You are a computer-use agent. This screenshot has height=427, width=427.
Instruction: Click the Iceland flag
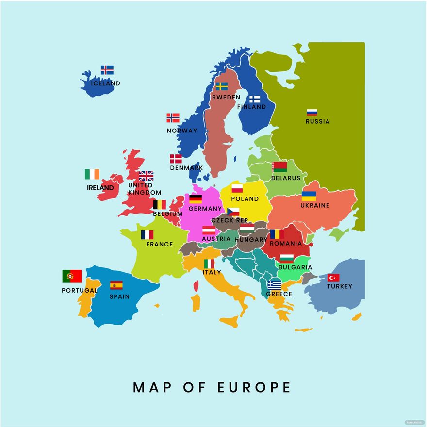click(107, 70)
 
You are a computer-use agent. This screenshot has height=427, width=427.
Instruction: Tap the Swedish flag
click(222, 86)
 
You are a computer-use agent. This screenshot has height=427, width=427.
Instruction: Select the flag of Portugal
click(72, 276)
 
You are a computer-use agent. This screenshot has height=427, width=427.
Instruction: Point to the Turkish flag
click(333, 278)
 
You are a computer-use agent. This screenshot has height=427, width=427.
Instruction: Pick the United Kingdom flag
click(146, 176)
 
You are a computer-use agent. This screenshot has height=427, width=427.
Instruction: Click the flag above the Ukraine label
click(309, 196)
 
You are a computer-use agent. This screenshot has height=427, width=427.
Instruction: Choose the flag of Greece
click(274, 285)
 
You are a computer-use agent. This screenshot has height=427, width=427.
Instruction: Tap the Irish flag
click(92, 174)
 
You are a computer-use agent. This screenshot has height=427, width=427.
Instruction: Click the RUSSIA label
click(317, 121)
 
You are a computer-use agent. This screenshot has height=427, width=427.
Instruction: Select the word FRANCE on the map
click(159, 244)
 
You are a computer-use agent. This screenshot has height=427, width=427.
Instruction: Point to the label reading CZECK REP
click(230, 220)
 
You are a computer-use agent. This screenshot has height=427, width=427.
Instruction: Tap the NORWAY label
click(182, 130)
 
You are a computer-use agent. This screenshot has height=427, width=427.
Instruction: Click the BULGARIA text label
click(295, 267)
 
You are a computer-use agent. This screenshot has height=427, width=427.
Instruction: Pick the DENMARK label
click(186, 168)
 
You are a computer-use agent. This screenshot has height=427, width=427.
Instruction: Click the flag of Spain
click(116, 285)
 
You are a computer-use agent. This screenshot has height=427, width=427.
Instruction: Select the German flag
click(196, 199)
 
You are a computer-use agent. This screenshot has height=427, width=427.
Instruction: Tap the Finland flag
click(254, 99)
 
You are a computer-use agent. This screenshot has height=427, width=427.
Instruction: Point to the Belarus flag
click(280, 167)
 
